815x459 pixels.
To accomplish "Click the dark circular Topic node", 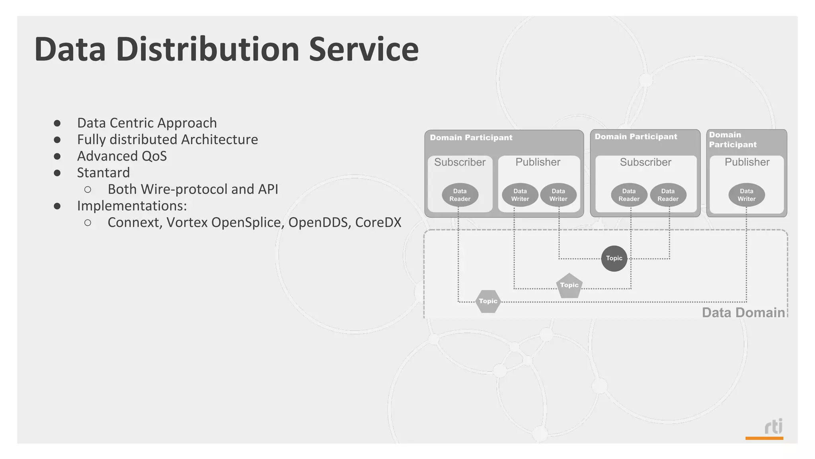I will click(614, 258).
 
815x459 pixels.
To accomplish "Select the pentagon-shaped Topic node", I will click(569, 285).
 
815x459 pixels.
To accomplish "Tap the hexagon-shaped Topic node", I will click(488, 301).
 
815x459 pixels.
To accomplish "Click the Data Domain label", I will click(743, 312).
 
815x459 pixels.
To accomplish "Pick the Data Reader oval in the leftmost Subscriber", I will click(460, 195).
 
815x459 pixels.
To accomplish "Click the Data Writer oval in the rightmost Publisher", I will click(746, 195).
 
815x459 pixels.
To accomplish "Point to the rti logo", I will click(773, 427).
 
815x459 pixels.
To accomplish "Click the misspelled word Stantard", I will click(103, 173).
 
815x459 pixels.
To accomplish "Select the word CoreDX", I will click(378, 222).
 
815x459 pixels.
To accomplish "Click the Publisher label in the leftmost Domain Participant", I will click(538, 162).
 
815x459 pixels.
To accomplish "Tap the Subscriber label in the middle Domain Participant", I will click(645, 162).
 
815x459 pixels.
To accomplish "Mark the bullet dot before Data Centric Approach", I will click(57, 123).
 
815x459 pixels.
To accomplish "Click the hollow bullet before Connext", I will click(88, 223).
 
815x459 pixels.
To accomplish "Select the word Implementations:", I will click(132, 206).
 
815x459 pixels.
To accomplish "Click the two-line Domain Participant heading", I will click(733, 139).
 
